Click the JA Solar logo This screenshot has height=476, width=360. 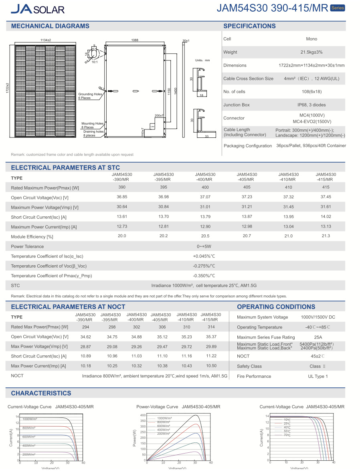tap(38, 9)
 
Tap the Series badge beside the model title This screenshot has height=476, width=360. tap(337, 8)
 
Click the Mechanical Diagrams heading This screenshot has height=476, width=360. tap(50, 26)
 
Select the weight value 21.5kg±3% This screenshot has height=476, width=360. tap(311, 52)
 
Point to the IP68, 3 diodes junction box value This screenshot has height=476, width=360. tap(311, 105)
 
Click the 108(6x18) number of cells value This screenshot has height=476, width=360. tap(311, 92)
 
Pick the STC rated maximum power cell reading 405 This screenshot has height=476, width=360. tap(247, 187)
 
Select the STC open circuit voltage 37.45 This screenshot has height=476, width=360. tap(326, 197)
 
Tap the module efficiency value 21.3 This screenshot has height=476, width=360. tap(326, 236)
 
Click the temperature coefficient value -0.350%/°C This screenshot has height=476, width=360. tap(204, 276)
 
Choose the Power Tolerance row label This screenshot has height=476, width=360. tap(27, 246)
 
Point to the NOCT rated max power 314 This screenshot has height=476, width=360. tap(211, 327)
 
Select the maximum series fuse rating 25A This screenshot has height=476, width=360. tap(318, 337)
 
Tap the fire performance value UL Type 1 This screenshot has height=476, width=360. tap(318, 376)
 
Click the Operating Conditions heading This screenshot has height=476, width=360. tap(276, 307)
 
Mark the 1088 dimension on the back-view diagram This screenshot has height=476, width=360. tap(135, 40)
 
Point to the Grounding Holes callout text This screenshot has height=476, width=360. tap(90, 94)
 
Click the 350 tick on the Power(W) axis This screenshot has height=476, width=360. tap(143, 421)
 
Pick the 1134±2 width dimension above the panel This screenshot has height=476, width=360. tap(46, 40)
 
